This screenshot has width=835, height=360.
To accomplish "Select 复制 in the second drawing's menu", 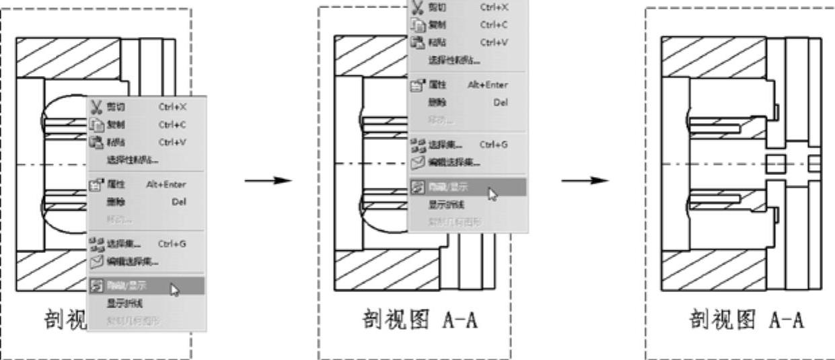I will coord(438,24).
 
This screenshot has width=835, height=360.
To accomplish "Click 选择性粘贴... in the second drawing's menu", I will coord(454,60).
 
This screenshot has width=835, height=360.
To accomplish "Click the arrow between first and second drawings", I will coord(268,181).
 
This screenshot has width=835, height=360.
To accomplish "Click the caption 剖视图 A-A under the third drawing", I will coord(746,319).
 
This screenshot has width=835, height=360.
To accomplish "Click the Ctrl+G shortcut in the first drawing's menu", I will coord(172,244).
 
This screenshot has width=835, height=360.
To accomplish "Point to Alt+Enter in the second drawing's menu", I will coord(488,85).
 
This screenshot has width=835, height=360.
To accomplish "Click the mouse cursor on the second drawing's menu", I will coord(493,194).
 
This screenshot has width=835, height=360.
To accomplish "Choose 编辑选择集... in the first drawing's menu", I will coord(132,261).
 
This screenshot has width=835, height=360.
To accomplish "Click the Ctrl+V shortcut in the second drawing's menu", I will coord(494,42).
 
